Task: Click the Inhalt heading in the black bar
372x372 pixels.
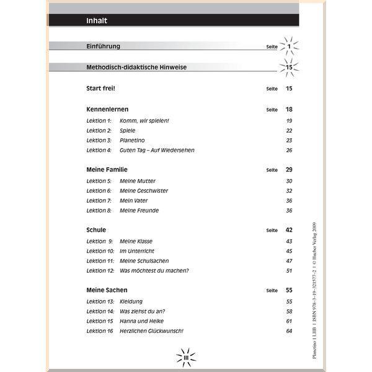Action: pos(97,20)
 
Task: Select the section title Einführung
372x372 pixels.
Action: pos(103,46)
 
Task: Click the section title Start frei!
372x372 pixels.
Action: pos(101,89)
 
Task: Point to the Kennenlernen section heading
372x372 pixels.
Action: pos(107,109)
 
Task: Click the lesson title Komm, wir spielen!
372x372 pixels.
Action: pos(144,120)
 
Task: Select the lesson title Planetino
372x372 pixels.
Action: pos(133,140)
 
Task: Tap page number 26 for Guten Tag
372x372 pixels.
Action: pos(289,150)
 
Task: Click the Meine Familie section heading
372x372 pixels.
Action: pos(107,169)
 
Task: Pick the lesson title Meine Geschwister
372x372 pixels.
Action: pos(144,191)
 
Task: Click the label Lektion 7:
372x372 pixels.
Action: pos(99,201)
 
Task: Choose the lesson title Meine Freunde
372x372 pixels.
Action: pos(139,211)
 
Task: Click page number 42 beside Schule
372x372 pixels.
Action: pos(289,230)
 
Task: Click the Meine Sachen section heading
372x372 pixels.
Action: pos(107,290)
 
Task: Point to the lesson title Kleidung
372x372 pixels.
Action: pos(131,301)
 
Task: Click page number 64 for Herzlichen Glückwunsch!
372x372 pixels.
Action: pos(289,331)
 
